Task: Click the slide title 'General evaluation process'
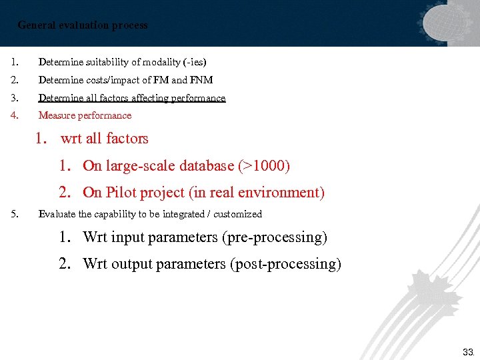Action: click(x=83, y=25)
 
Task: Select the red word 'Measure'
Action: click(x=55, y=115)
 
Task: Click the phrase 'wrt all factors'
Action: click(x=104, y=139)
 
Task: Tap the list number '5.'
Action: click(x=15, y=214)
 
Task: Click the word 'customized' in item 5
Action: click(x=238, y=214)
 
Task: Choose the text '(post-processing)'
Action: click(x=285, y=264)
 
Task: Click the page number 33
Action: click(x=468, y=351)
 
